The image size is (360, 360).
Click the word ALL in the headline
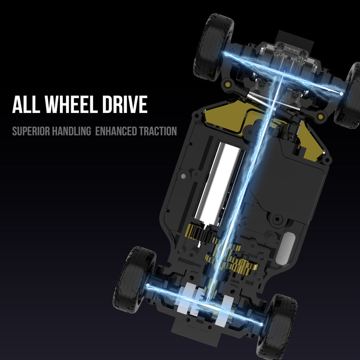(x=26, y=104)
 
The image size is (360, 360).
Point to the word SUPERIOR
(x=31, y=131)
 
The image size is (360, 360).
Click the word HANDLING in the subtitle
(x=71, y=131)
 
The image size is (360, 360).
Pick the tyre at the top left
(x=213, y=47)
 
